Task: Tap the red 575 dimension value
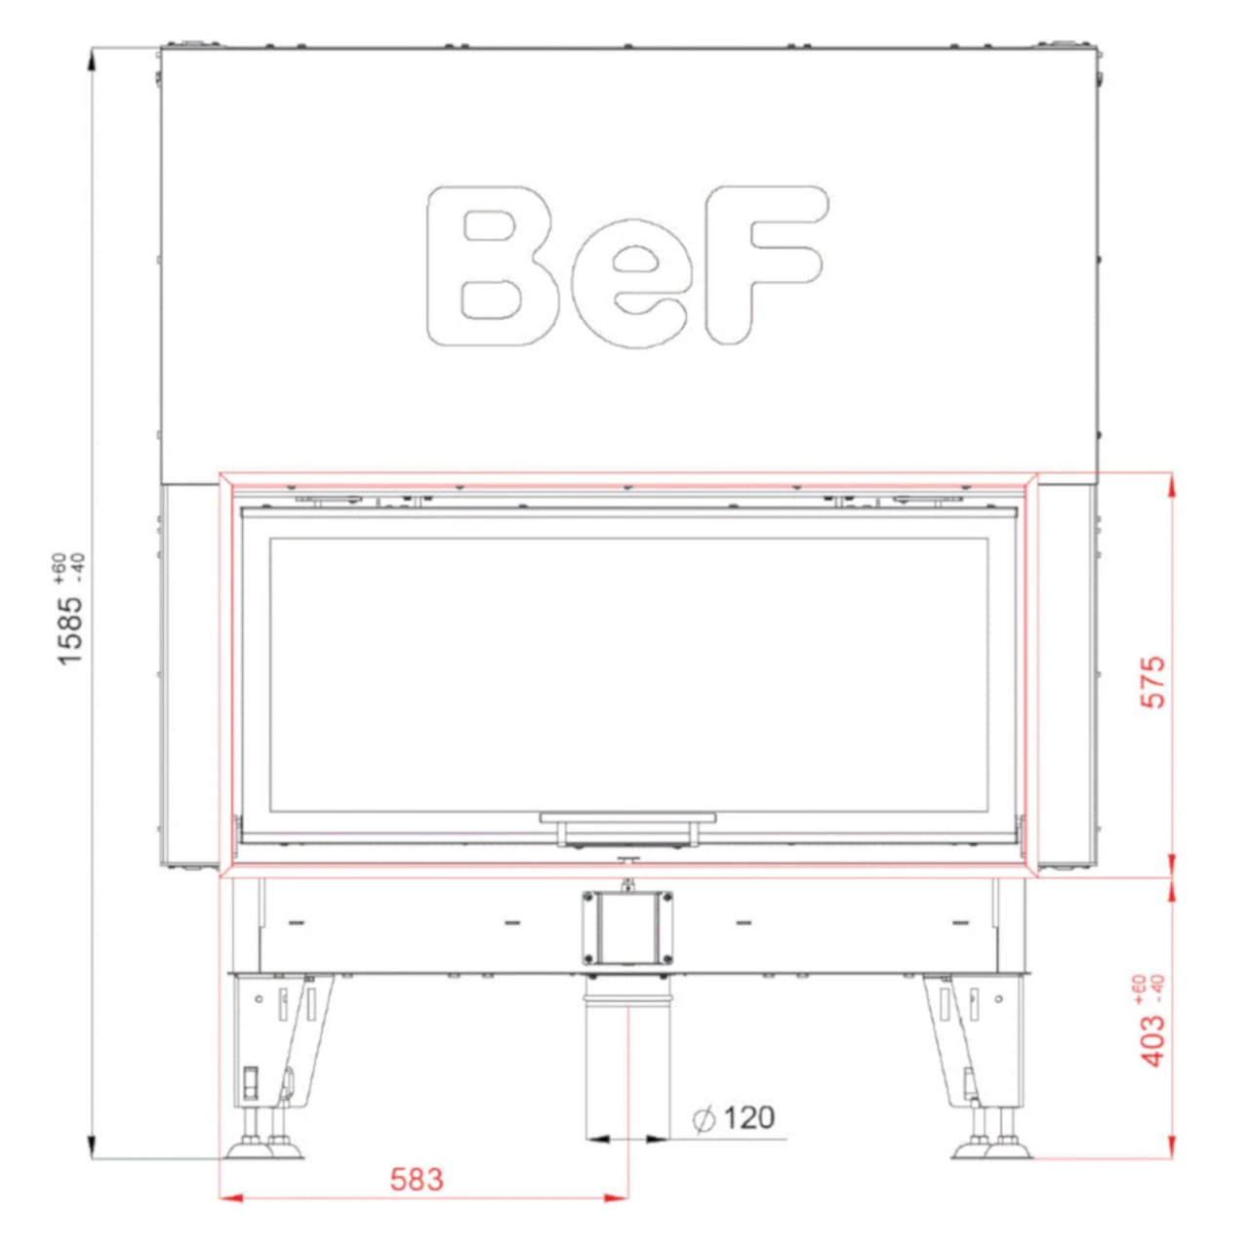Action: click(1153, 682)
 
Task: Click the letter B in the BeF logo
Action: click(493, 265)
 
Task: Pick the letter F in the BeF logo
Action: click(766, 265)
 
